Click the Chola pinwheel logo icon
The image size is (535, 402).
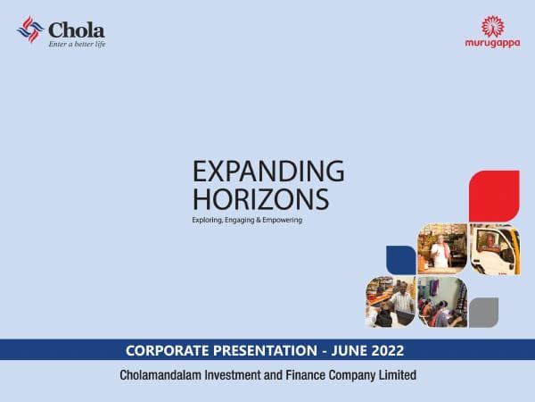(29, 31)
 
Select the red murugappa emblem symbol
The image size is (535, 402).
(494, 26)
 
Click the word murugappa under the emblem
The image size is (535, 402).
(494, 44)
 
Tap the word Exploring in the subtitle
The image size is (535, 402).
(210, 220)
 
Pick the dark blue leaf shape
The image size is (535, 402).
(400, 259)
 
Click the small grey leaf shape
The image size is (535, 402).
(483, 312)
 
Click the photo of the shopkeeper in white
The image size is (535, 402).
(441, 247)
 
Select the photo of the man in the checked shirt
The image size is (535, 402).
(390, 303)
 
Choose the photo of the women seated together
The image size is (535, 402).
(441, 302)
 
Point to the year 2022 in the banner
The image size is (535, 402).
(390, 350)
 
